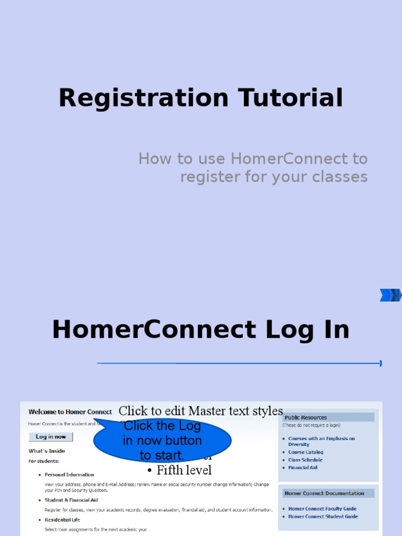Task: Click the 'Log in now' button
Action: click(x=51, y=437)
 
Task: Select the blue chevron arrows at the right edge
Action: click(x=390, y=295)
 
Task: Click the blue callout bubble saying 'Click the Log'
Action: click(x=162, y=440)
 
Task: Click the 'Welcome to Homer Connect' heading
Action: click(x=70, y=412)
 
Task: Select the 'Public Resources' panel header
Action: click(x=306, y=418)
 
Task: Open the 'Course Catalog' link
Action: click(x=306, y=452)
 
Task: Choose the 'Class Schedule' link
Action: click(x=305, y=460)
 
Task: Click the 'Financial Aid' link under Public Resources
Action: click(x=303, y=468)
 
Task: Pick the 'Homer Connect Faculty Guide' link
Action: click(x=322, y=509)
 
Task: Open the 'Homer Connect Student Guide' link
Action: click(x=323, y=517)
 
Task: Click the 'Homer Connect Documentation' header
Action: click(x=324, y=494)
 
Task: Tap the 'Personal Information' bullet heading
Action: click(x=69, y=475)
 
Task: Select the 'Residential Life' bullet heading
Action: click(x=62, y=520)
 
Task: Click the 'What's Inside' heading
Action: click(x=47, y=451)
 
